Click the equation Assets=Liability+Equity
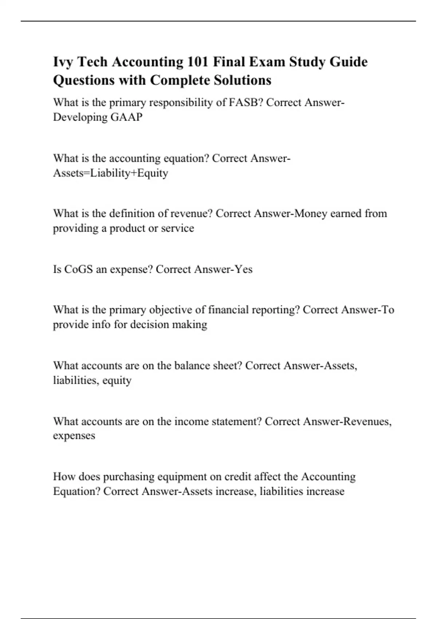[x=110, y=173]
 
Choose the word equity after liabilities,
[x=117, y=381]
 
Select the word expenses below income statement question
[x=74, y=436]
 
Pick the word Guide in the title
[x=348, y=62]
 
